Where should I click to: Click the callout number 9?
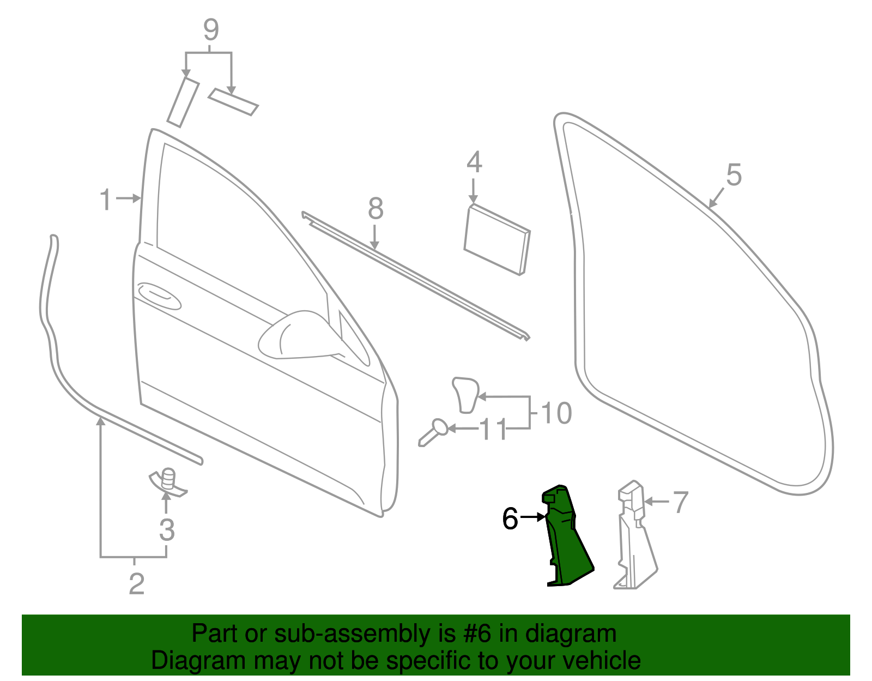click(211, 31)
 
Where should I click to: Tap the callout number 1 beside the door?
click(106, 200)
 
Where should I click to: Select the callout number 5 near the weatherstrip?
click(734, 176)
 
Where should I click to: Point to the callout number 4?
click(474, 162)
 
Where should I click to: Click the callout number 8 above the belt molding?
click(376, 209)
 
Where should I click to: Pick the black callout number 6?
click(510, 519)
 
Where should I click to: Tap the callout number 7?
click(681, 502)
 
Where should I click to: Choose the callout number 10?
click(556, 413)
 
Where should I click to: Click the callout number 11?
click(493, 430)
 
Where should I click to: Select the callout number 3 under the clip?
click(167, 530)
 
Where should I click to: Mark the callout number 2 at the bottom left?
click(136, 584)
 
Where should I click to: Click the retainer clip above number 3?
click(168, 481)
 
